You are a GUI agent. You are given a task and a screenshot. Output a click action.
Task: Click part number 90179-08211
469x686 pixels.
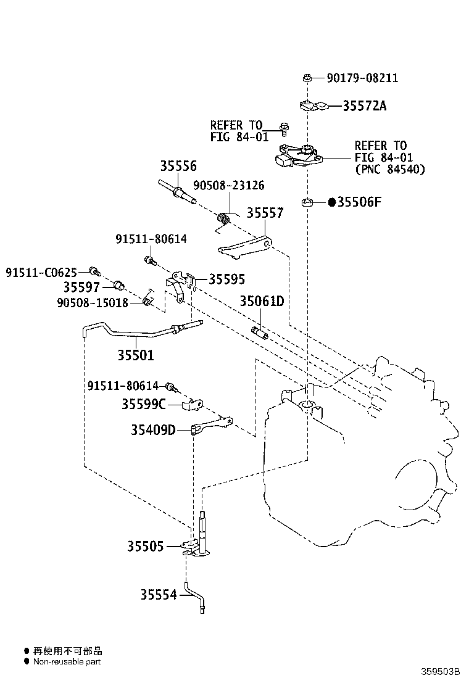click(362, 78)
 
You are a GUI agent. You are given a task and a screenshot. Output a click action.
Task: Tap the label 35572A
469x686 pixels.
click(365, 105)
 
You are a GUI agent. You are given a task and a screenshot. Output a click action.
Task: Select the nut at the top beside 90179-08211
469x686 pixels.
click(306, 78)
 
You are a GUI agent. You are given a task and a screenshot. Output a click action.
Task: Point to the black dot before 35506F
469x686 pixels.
click(331, 202)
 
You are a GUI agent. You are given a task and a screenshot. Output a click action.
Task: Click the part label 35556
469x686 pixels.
click(178, 166)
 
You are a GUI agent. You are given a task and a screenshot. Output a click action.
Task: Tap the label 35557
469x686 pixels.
click(265, 213)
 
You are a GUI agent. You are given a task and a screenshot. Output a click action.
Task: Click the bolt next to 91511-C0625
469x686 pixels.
click(94, 270)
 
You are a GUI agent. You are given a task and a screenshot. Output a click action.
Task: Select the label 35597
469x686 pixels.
click(81, 287)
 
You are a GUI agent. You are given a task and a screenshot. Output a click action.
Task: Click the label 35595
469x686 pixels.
click(226, 279)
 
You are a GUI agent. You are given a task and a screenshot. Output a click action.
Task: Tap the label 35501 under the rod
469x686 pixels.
click(136, 355)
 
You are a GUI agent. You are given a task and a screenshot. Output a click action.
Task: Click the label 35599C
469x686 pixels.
click(143, 404)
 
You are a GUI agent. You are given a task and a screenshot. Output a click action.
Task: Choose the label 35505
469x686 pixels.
click(146, 546)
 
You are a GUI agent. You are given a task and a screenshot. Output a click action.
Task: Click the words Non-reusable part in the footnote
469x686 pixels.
click(67, 661)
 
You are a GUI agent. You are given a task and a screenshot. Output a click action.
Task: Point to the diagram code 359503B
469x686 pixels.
click(442, 671)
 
